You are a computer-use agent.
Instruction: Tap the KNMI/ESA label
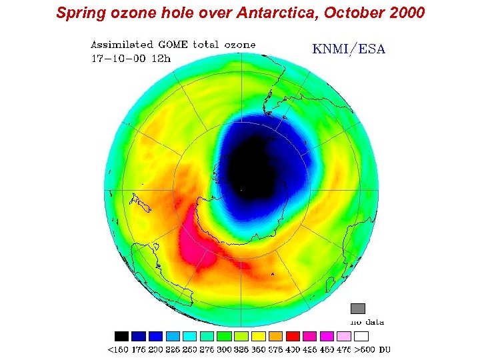[x=349, y=49]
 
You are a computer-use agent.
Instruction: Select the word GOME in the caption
[x=173, y=45]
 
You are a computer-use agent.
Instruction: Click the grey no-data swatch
[x=358, y=309]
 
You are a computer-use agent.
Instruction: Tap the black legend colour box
[x=121, y=336]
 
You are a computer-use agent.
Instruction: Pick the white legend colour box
[x=361, y=336]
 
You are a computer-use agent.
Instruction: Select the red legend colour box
[x=292, y=336]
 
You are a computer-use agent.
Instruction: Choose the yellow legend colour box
[x=258, y=336]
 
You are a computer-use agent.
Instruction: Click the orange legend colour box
[x=275, y=336]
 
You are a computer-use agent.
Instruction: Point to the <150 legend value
[x=118, y=349]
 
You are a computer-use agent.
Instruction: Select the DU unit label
[x=384, y=349]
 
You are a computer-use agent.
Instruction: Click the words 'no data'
[x=367, y=322]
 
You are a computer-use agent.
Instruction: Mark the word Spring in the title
[x=77, y=13]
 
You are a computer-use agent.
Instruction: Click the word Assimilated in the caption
[x=122, y=45]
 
